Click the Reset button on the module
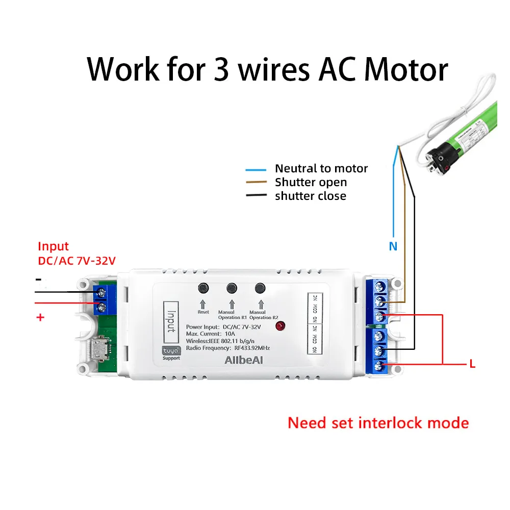coord(203,288)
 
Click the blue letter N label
coord(393,246)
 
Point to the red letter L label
coord(472,364)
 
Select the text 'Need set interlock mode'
coord(378,423)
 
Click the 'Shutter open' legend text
coord(311,182)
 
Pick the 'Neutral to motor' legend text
coord(321,168)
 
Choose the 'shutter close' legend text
coord(310,196)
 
